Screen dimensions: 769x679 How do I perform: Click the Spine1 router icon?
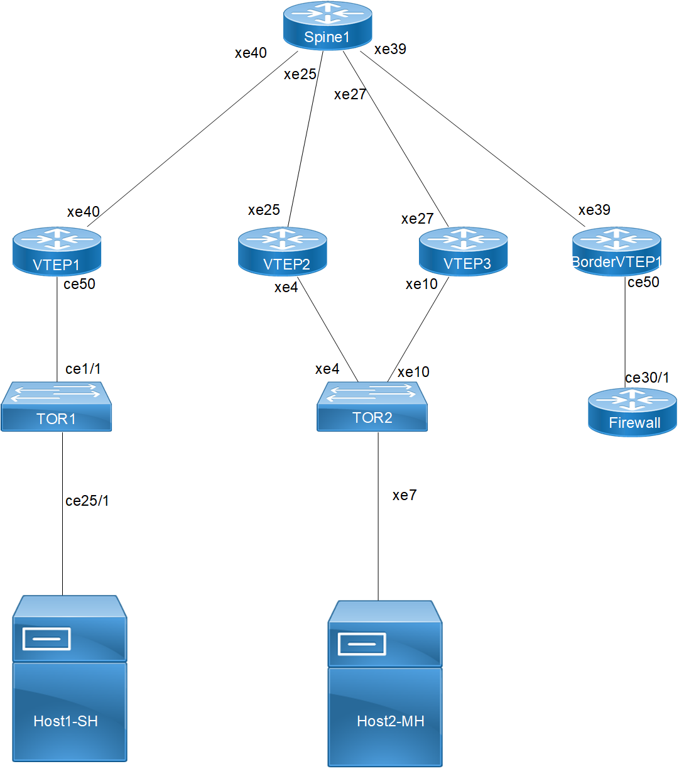327,26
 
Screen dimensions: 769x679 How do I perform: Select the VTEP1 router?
57,251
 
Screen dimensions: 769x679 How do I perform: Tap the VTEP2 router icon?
283,251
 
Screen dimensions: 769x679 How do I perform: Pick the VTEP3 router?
464,251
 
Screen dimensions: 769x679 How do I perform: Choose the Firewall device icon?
633,412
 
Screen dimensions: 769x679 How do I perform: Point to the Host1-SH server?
70,679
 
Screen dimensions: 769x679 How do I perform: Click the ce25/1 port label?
87,501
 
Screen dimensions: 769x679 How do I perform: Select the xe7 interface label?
405,495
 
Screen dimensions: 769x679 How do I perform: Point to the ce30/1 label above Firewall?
647,378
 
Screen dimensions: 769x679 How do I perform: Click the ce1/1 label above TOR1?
83,369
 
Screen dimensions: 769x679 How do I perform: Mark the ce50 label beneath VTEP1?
80,284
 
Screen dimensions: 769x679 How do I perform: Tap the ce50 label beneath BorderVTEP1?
643,282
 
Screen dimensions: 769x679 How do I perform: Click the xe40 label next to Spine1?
251,53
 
